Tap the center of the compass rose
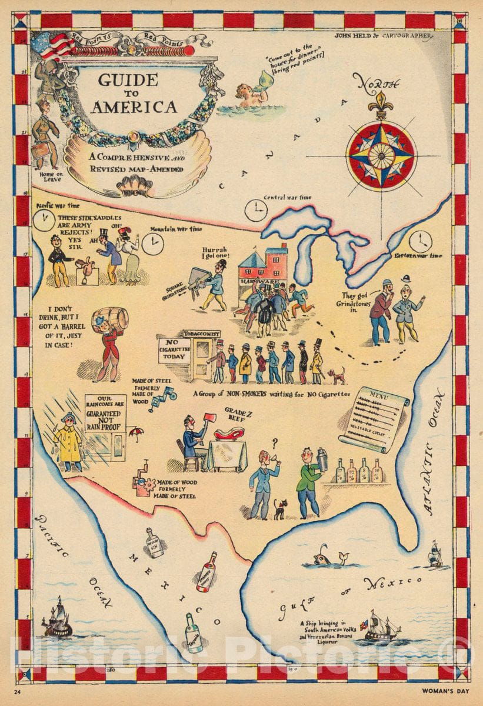point(381,155)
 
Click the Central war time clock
point(256,210)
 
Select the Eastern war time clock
point(421,241)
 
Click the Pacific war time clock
point(42,221)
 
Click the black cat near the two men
point(279,509)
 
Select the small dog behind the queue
point(337,375)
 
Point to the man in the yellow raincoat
point(68,441)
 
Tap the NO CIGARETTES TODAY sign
point(174,351)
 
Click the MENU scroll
point(381,419)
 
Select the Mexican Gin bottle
point(155,542)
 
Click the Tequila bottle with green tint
point(192,633)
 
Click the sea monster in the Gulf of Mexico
point(329,556)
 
